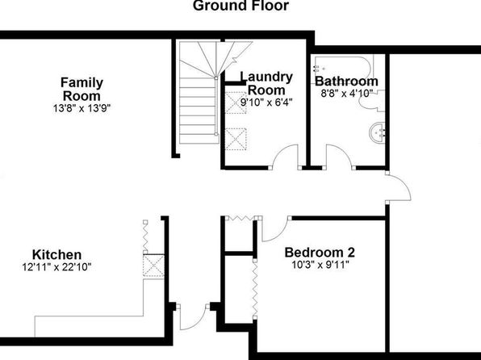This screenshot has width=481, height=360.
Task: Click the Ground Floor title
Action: click(240, 6)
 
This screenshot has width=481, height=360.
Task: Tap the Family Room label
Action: click(82, 89)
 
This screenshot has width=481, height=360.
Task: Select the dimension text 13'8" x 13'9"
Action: click(82, 108)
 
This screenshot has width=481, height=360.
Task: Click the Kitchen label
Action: click(57, 255)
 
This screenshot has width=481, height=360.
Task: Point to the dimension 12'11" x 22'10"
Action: click(56, 267)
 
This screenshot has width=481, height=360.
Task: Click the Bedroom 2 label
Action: click(320, 253)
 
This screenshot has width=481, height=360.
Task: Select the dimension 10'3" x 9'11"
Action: click(320, 265)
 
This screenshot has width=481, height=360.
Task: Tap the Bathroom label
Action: click(346, 82)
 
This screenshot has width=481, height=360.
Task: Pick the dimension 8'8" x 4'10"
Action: click(346, 93)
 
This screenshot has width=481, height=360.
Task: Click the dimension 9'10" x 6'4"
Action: click(266, 103)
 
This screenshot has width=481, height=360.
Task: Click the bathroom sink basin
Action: click(377, 132)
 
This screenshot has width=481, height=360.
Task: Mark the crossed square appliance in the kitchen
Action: click(153, 266)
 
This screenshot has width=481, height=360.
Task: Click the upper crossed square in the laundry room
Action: click(236, 103)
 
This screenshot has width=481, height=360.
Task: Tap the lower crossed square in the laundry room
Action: click(236, 139)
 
